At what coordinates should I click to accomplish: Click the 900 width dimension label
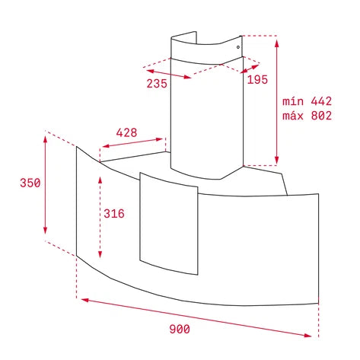click(180, 329)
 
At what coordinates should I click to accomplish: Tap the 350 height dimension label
click(30, 183)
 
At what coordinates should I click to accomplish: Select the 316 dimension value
click(114, 214)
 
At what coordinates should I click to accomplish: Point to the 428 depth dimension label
click(126, 132)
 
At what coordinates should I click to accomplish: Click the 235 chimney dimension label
click(157, 84)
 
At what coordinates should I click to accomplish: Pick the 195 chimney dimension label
click(257, 80)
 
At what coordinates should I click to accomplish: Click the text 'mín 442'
click(307, 101)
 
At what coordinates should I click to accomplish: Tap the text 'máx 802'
click(307, 116)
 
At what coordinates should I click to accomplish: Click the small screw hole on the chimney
click(238, 47)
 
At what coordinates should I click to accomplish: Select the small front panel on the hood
click(169, 223)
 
